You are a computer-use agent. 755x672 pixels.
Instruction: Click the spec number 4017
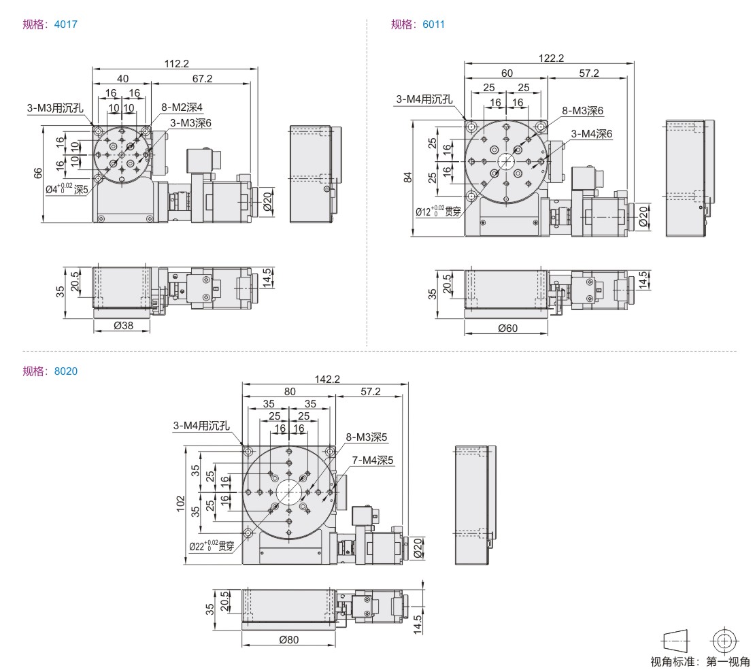pos(65,24)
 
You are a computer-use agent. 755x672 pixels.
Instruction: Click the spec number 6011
pos(433,24)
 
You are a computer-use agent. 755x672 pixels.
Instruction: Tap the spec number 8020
pos(65,371)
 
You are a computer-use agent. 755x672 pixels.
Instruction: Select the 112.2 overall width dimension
pos(176,63)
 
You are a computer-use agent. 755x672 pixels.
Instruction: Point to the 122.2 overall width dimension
pos(551,58)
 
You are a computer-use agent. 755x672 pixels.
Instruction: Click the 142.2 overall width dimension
pos(327,380)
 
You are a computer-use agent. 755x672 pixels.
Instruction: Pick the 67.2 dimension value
pos(202,78)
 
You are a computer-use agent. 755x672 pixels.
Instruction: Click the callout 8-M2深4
pos(182,107)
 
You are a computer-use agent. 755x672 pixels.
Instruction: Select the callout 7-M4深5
pos(373,460)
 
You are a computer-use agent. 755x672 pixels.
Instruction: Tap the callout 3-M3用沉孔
pos(55,108)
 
